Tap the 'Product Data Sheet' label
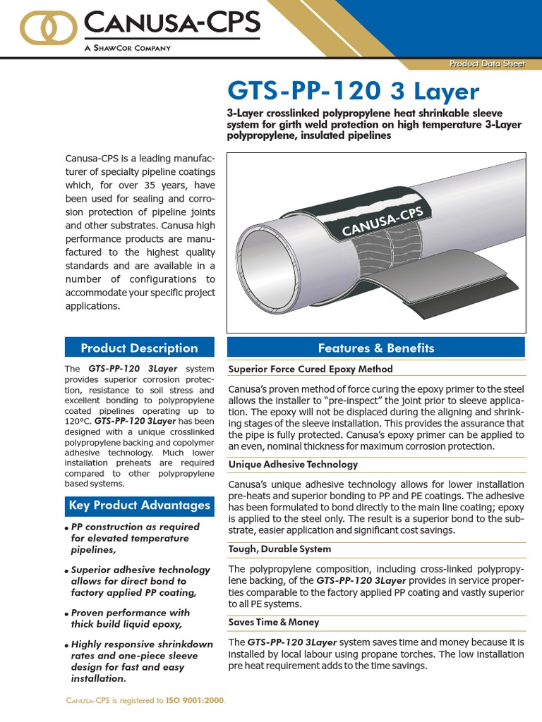tap(488, 65)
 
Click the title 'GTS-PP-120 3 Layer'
tap(352, 92)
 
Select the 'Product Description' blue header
tap(139, 348)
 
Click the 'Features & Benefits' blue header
tap(375, 348)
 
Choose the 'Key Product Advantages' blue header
tap(139, 505)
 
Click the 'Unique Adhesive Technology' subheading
tap(293, 465)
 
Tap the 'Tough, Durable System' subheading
tap(279, 549)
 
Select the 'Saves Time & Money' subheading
tap(274, 622)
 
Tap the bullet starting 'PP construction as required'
tap(134, 538)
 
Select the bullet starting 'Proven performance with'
tap(130, 618)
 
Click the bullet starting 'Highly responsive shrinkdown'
tap(141, 661)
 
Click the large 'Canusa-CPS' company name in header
tap(171, 25)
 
